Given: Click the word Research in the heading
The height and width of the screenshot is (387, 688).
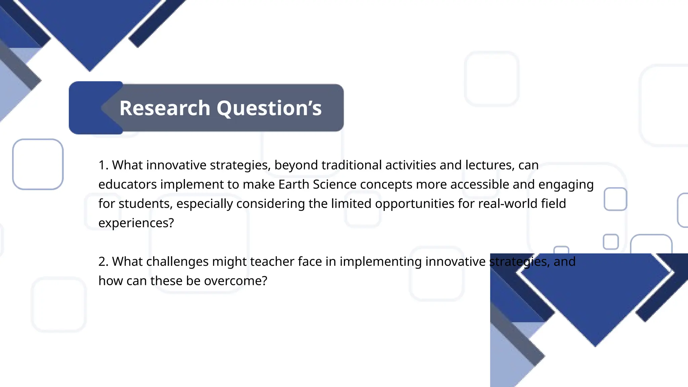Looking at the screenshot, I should tap(165, 108).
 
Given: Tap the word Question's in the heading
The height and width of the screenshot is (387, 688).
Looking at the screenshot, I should tap(269, 108).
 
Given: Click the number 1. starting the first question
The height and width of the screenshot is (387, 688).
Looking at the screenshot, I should tap(103, 165).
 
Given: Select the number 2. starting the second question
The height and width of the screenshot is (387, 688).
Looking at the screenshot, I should tap(103, 262).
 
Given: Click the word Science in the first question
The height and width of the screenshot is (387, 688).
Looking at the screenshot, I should tap(334, 184).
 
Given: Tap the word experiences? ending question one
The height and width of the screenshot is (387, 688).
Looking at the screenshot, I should tap(136, 223).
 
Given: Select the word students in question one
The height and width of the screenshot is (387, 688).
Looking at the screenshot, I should tap(145, 204).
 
